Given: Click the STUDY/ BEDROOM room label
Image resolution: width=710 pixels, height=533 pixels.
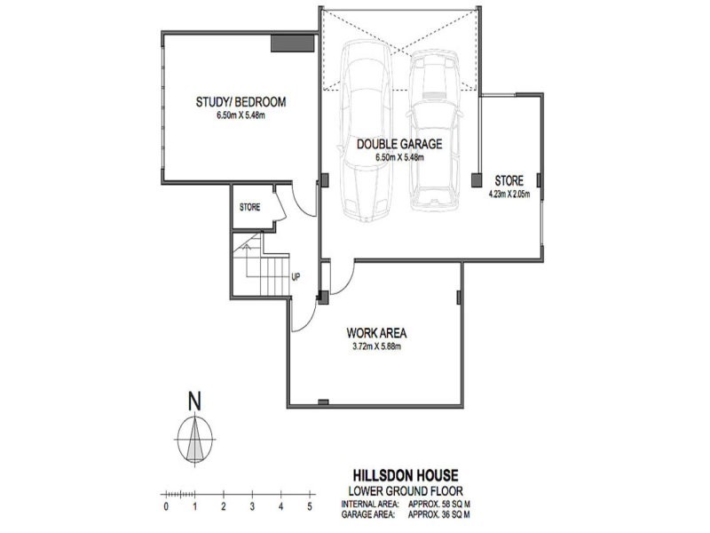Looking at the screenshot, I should point(241,102).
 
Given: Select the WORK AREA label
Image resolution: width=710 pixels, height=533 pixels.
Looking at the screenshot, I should point(376,332).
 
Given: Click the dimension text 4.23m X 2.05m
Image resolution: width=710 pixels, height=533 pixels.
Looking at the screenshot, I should point(509,192).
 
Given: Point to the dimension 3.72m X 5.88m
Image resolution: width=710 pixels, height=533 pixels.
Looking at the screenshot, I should point(376,346).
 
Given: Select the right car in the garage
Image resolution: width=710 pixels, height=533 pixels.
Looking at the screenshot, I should point(436,133).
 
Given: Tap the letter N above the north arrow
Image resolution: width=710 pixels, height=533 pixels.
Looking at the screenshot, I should point(194,402).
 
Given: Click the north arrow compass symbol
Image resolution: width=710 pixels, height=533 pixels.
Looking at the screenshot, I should point(194,441).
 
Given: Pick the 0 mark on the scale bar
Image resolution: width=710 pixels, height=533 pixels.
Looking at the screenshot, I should point(166,507).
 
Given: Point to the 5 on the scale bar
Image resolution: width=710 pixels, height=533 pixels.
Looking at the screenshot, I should point(310,507).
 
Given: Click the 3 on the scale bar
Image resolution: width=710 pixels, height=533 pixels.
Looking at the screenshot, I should point(252,507).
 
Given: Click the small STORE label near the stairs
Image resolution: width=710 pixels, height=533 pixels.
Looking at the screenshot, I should point(249,208).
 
